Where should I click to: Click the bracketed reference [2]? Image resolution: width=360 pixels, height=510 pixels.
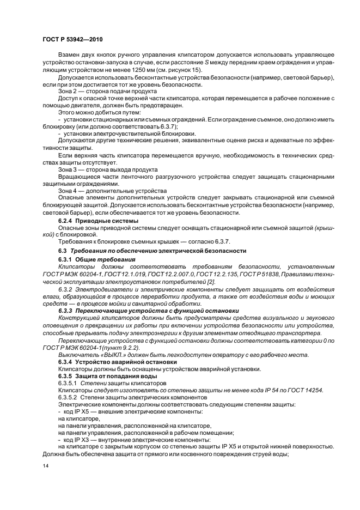pos(211,282)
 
